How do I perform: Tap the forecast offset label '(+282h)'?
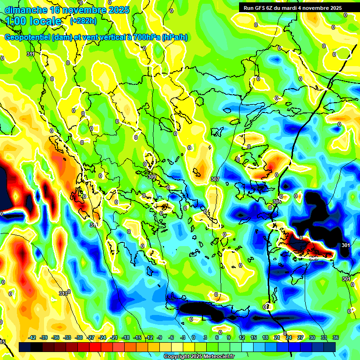83,21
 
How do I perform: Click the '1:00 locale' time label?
33,21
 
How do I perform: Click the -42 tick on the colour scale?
32,337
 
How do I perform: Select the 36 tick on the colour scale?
335,337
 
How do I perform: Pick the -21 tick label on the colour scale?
114,337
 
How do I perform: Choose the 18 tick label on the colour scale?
265,337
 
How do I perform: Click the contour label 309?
151,176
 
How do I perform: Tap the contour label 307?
215,179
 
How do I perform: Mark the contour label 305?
277,202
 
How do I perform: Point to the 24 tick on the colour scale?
289,337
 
